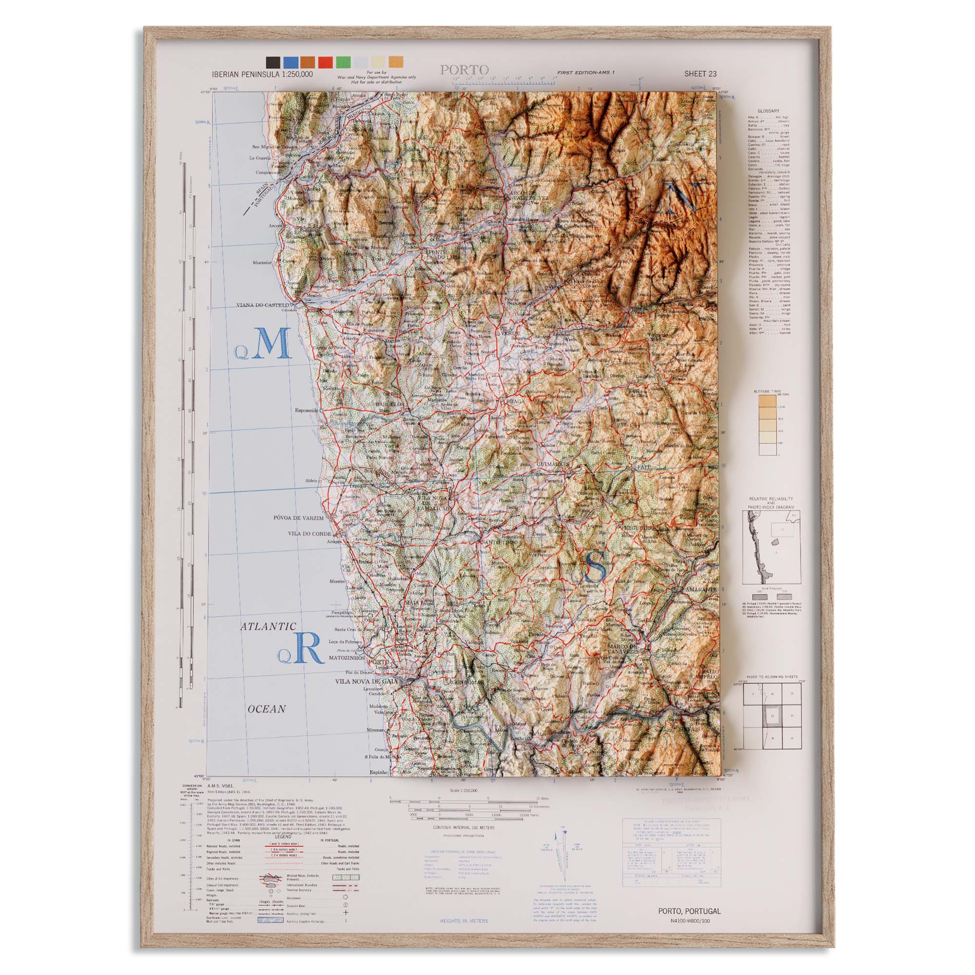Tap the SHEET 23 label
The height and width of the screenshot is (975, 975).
tap(700, 74)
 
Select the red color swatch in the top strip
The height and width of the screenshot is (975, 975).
tap(326, 62)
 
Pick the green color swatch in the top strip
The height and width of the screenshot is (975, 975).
tap(343, 62)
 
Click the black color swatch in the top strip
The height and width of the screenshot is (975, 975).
tap(273, 62)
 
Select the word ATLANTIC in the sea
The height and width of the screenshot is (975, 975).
tap(268, 627)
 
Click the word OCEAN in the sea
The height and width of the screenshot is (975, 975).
tap(267, 709)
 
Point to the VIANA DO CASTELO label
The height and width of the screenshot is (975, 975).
tap(264, 305)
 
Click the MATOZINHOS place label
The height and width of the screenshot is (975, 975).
tap(347, 659)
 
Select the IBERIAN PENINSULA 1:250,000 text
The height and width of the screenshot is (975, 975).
tap(262, 74)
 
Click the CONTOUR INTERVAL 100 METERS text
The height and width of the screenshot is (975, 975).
tap(464, 828)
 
